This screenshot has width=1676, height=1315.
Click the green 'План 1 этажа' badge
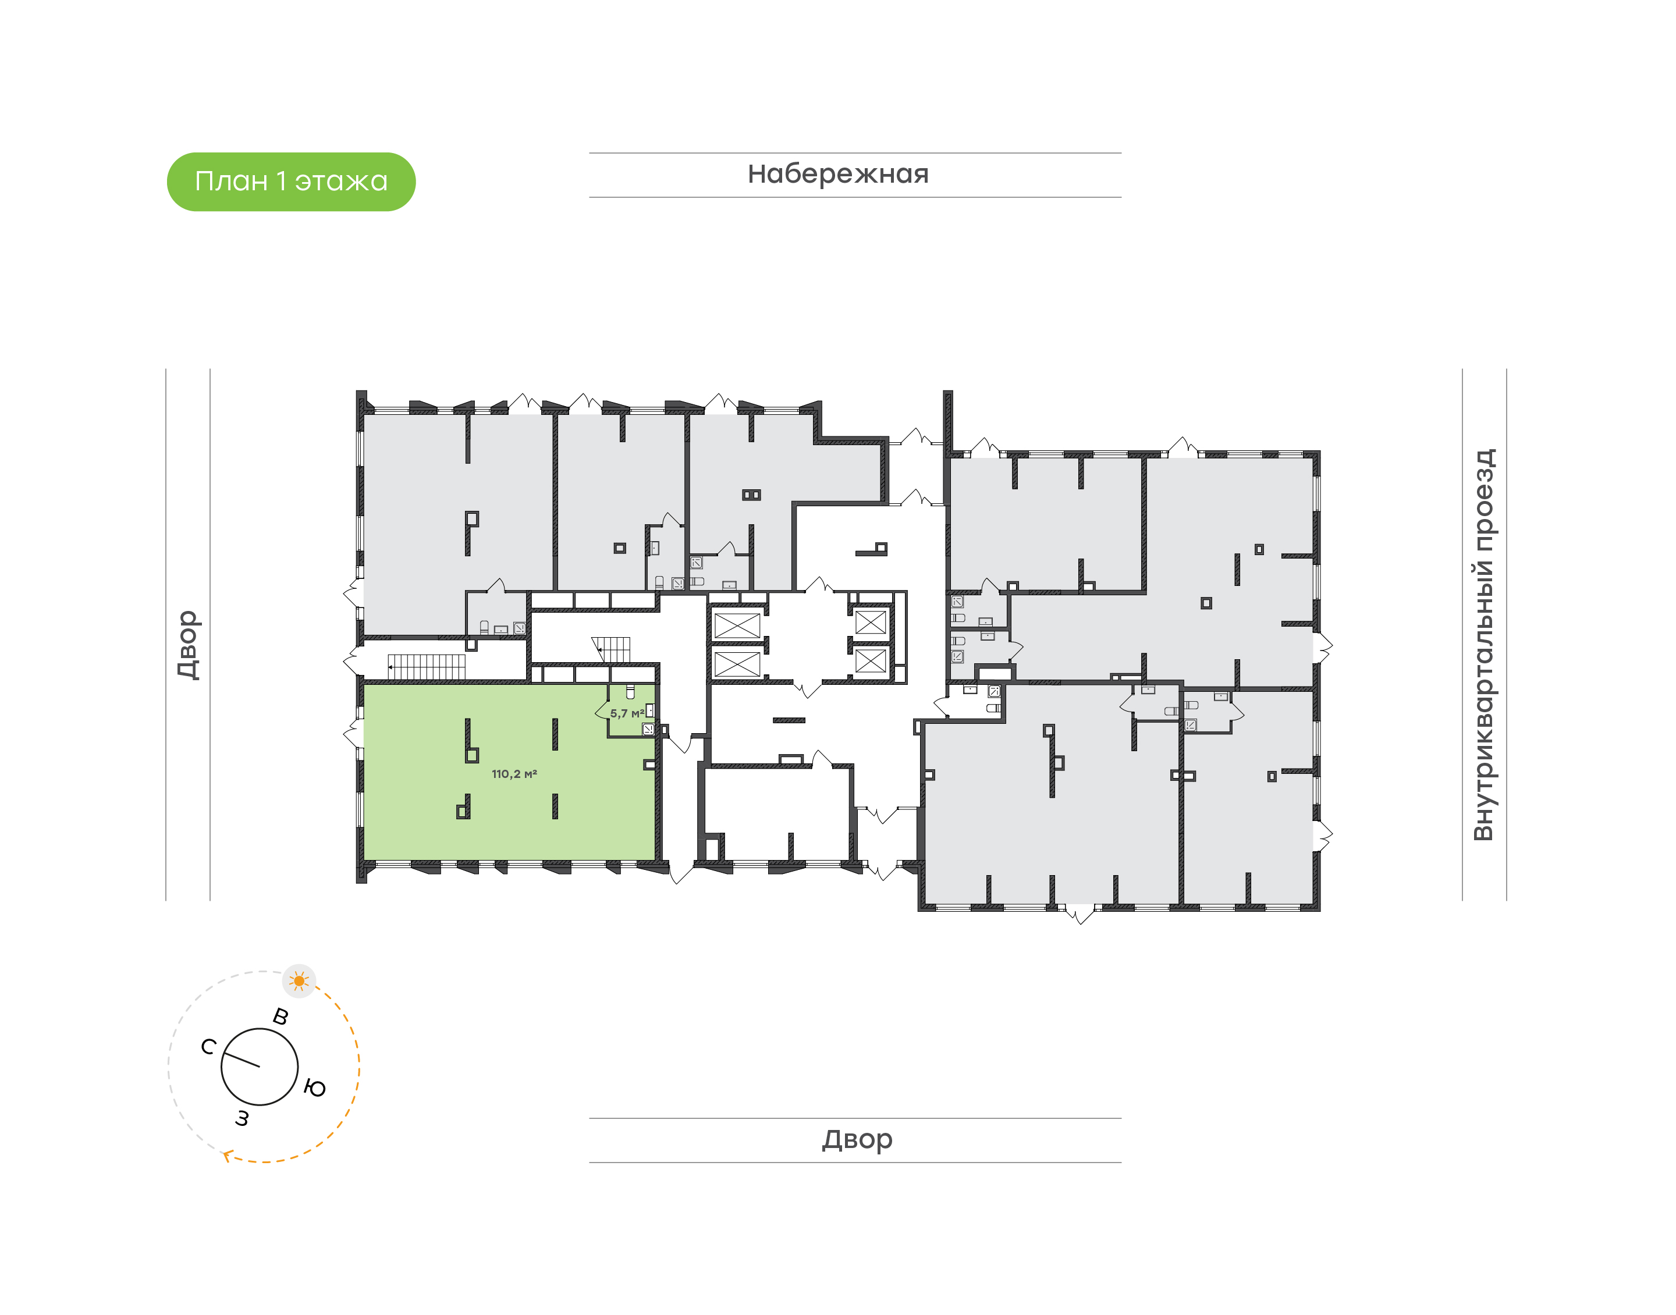[291, 182]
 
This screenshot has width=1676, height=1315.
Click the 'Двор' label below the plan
[857, 1139]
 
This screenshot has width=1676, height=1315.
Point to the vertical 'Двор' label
[188, 645]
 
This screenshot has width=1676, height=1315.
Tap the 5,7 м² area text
[627, 714]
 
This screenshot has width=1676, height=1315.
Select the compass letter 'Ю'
[315, 1088]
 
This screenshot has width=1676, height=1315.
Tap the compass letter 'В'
[281, 1017]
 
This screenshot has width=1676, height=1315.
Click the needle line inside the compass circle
[243, 1061]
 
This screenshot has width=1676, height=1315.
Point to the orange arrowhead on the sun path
[227, 1155]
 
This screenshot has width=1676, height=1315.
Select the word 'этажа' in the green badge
[341, 182]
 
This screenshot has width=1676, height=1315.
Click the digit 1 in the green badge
[280, 182]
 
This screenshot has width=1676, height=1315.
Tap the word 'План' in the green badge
[231, 182]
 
